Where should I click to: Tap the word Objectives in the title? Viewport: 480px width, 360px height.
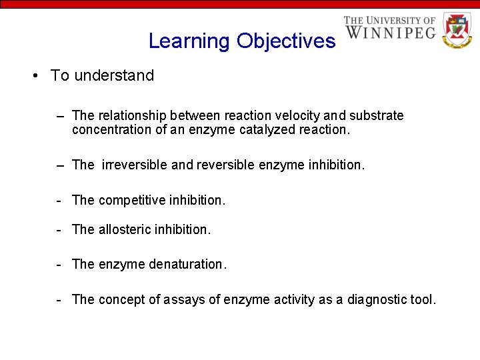pos(286,41)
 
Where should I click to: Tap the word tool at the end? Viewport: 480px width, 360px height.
pos(423,299)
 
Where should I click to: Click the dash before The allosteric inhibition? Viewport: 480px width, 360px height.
pos(59,229)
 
